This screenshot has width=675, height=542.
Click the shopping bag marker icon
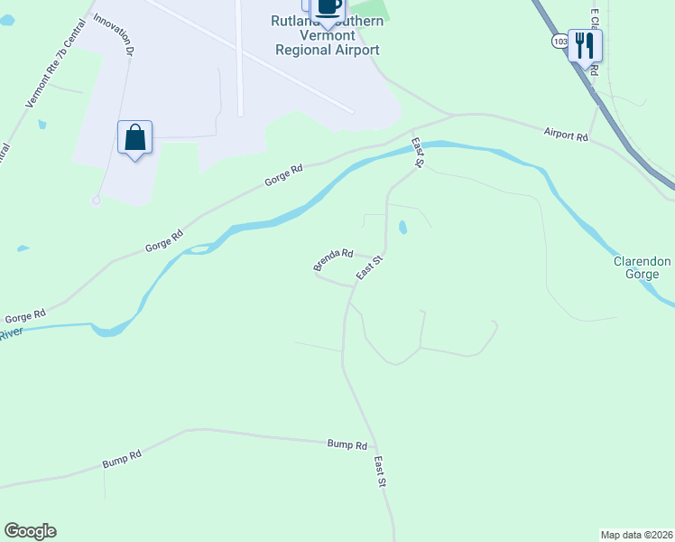(134, 137)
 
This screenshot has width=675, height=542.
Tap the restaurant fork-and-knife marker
(585, 45)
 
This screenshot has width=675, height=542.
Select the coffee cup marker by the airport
(328, 7)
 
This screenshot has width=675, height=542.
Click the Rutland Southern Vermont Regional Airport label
(326, 35)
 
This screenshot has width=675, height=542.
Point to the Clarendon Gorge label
(642, 268)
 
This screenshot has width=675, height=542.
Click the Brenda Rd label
(333, 260)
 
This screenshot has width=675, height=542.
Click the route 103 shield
(560, 42)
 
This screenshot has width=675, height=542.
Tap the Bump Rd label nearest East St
(347, 445)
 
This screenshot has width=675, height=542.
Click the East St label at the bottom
(380, 472)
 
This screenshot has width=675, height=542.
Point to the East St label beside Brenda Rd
(370, 266)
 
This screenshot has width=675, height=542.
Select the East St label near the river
(418, 153)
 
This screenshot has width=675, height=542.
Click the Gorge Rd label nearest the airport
(283, 175)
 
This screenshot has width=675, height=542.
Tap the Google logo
(30, 531)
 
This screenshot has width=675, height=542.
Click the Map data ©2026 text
(636, 534)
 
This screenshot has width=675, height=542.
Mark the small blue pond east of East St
(402, 228)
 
